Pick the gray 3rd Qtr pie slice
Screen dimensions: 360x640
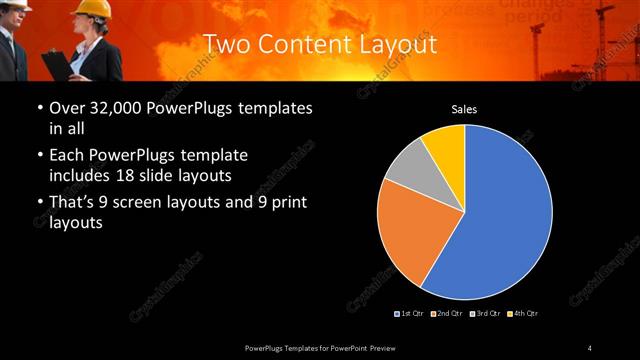point(406,166)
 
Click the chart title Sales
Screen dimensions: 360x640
point(464,108)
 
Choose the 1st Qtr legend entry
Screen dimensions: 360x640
point(410,314)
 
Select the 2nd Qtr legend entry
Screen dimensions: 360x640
point(446,314)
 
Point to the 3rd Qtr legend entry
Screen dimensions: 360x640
point(483,314)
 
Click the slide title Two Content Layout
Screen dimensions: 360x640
point(320,44)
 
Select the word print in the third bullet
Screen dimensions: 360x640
point(288,203)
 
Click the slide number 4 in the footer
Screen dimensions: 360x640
point(590,347)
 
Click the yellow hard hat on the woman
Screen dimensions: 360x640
point(94,9)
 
